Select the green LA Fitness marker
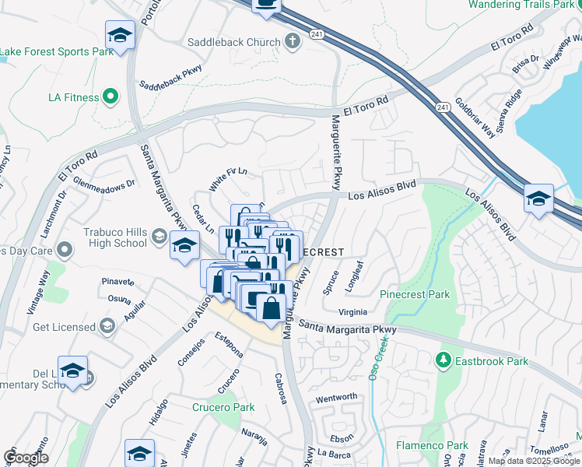[110, 97]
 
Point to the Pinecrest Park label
[415, 295]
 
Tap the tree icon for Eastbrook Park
[444, 360]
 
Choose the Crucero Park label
[223, 407]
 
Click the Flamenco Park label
[432, 446]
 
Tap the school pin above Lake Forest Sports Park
[120, 36]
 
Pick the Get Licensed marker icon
[107, 327]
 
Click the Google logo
[25, 458]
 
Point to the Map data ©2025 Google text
[535, 461]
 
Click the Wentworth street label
[337, 398]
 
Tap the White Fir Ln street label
[228, 180]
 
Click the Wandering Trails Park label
[521, 5]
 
